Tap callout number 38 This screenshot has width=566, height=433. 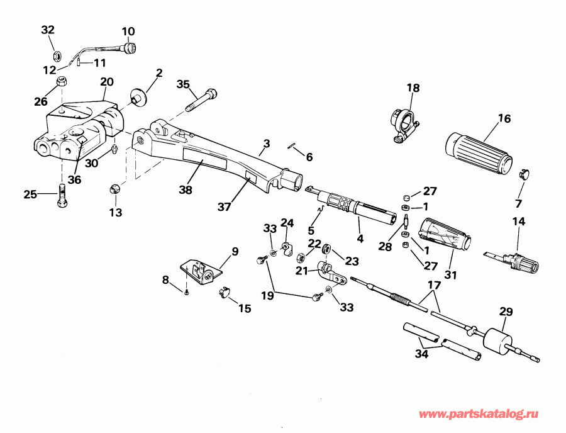184,189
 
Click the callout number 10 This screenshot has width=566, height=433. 128,31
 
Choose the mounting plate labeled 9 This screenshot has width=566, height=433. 202,271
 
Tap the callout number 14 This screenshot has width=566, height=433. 518,222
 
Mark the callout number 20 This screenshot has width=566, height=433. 106,81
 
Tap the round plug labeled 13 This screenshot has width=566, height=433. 115,189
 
